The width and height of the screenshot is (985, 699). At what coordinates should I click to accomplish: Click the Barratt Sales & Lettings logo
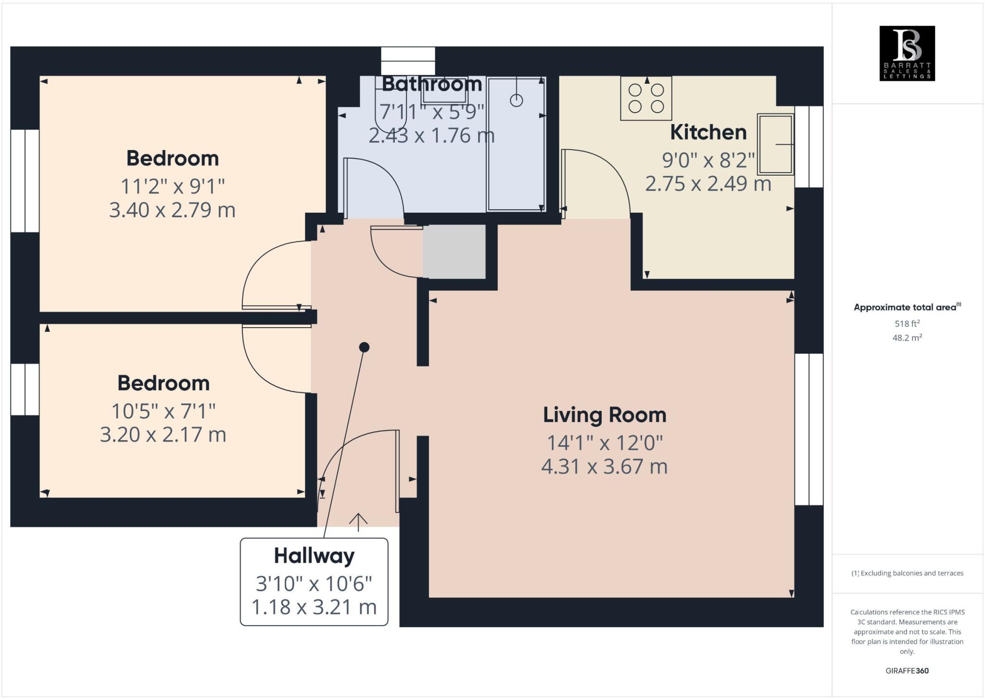tap(907, 53)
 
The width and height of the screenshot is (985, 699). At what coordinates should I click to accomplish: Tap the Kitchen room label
tap(708, 132)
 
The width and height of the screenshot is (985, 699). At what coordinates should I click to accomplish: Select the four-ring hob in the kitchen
tap(646, 98)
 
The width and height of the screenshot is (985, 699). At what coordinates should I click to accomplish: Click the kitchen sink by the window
tap(775, 144)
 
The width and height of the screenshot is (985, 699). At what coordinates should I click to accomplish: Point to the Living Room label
tap(605, 415)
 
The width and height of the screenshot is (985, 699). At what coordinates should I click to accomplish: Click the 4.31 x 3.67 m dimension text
tap(605, 467)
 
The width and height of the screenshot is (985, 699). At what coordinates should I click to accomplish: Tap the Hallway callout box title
tap(314, 556)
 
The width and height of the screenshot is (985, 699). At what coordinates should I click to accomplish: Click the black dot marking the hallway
tap(364, 347)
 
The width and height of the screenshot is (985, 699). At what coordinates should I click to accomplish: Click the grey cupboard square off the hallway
tap(454, 252)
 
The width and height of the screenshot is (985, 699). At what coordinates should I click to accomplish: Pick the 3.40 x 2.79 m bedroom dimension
tap(172, 210)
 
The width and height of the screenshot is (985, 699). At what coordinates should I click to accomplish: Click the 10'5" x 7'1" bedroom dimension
tap(163, 411)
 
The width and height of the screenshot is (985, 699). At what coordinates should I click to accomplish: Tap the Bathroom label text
tap(431, 84)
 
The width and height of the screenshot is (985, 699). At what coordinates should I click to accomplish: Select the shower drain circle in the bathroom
tap(516, 101)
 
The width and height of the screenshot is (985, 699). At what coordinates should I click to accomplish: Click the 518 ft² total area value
tap(907, 323)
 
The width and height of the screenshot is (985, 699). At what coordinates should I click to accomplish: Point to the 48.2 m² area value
tap(907, 338)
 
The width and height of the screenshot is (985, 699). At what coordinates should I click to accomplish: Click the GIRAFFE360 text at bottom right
tap(907, 671)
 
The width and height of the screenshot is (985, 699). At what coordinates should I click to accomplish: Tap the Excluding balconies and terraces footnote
tap(907, 573)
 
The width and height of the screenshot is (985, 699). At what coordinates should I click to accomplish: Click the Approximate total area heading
tap(906, 307)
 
